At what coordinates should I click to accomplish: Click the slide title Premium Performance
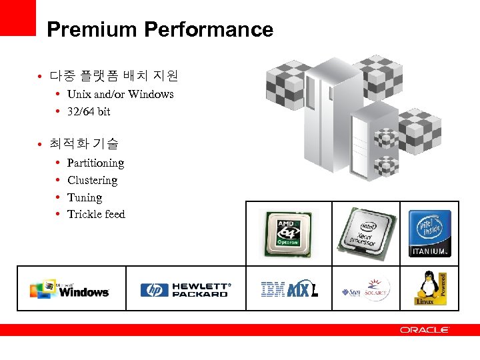[160, 30]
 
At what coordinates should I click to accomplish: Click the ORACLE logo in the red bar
[425, 330]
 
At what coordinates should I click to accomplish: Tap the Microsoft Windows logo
[69, 289]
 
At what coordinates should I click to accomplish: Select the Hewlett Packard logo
[185, 289]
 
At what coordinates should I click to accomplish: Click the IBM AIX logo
[289, 289]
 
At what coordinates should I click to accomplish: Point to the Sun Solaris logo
[366, 290]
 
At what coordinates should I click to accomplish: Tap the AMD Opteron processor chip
[289, 234]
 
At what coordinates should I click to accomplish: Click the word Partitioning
[95, 163]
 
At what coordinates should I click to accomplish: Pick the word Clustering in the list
[92, 180]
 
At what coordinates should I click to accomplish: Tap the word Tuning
[85, 197]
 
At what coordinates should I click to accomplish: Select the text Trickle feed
[96, 214]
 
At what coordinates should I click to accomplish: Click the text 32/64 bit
[89, 111]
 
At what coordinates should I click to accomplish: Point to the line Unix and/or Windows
[120, 94]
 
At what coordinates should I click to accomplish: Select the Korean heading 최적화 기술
[84, 143]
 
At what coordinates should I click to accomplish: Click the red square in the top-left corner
[17, 17]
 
